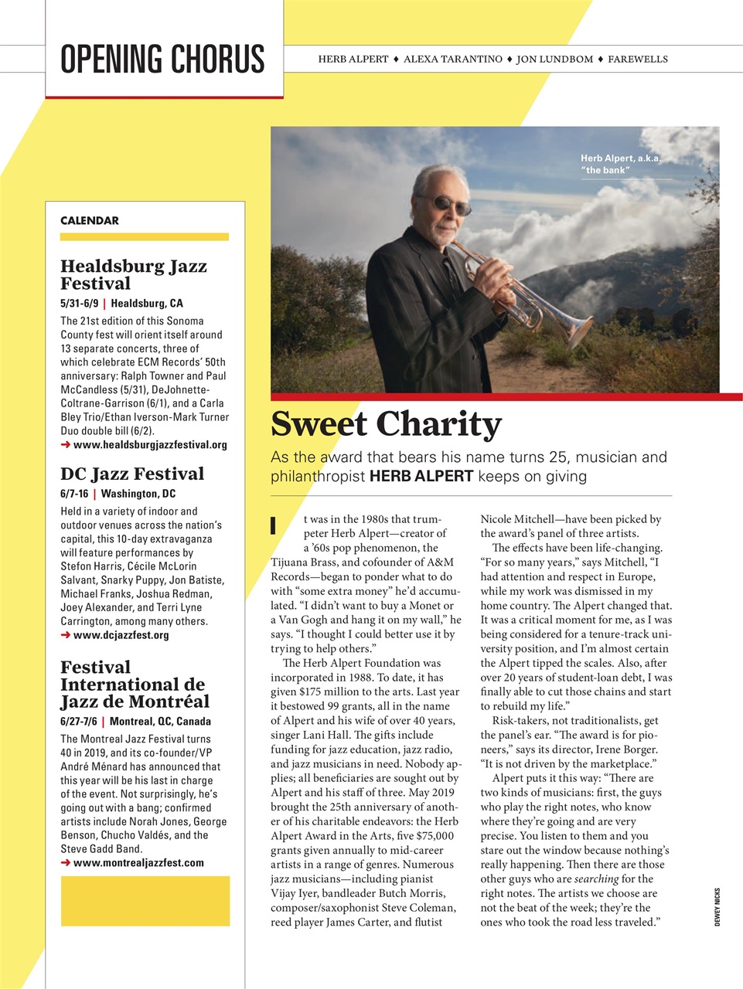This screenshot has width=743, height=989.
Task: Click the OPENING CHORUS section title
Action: (x=162, y=59)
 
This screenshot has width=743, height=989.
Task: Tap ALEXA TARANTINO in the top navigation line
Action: (x=452, y=59)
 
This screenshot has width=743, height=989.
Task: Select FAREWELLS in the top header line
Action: (x=637, y=59)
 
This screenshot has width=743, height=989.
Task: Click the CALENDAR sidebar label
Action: (x=90, y=220)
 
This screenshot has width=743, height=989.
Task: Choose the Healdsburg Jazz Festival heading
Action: (x=133, y=274)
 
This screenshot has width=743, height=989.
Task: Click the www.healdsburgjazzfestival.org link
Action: (x=150, y=444)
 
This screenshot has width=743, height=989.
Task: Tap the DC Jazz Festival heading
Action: (x=132, y=474)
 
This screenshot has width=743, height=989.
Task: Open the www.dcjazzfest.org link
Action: (x=121, y=634)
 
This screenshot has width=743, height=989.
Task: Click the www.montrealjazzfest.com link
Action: (x=138, y=862)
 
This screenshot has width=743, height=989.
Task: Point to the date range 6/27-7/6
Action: (x=79, y=721)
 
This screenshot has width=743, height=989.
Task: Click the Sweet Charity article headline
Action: (x=386, y=424)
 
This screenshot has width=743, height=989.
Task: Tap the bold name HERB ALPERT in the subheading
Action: (x=421, y=476)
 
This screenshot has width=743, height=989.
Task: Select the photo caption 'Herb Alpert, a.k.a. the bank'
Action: (x=620, y=164)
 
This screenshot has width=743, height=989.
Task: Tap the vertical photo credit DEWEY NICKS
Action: (x=717, y=907)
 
